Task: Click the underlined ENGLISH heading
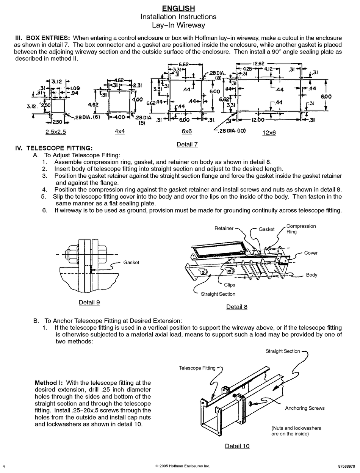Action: point(178,8)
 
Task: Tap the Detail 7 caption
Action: point(187,144)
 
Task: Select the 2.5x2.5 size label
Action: point(56,132)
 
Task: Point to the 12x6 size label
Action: point(269,133)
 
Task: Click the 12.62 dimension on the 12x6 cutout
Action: point(258,64)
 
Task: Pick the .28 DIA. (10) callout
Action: point(232,131)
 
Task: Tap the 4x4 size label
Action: point(120,131)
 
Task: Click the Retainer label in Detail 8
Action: point(224,229)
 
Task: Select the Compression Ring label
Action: point(301,229)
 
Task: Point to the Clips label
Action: point(229,285)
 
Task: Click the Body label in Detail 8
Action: point(311,275)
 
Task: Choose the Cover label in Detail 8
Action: point(311,253)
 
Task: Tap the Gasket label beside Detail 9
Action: point(131,263)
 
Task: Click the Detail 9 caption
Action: point(89,302)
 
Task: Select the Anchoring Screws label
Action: point(305,408)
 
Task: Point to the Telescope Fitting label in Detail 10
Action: point(197,368)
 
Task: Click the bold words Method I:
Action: point(49,383)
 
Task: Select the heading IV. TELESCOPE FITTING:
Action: point(54,148)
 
